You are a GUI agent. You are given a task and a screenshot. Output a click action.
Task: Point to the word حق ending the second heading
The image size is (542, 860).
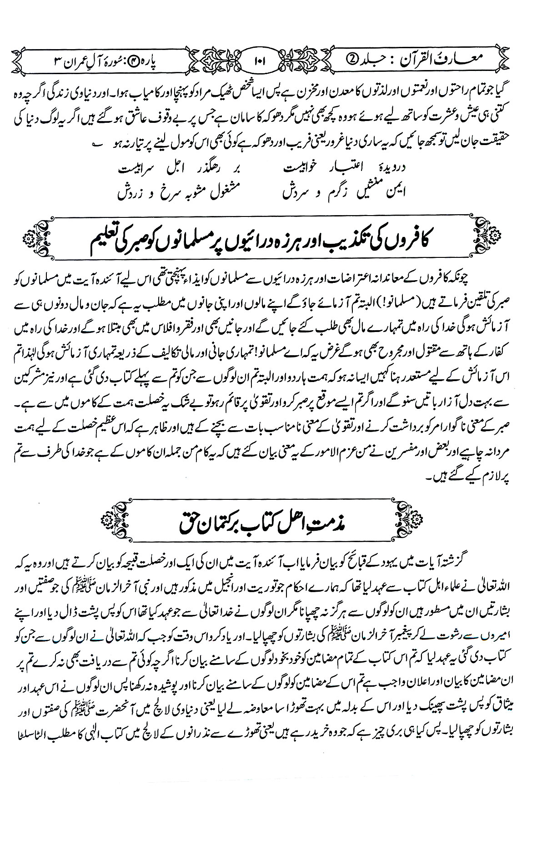(191, 517)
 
